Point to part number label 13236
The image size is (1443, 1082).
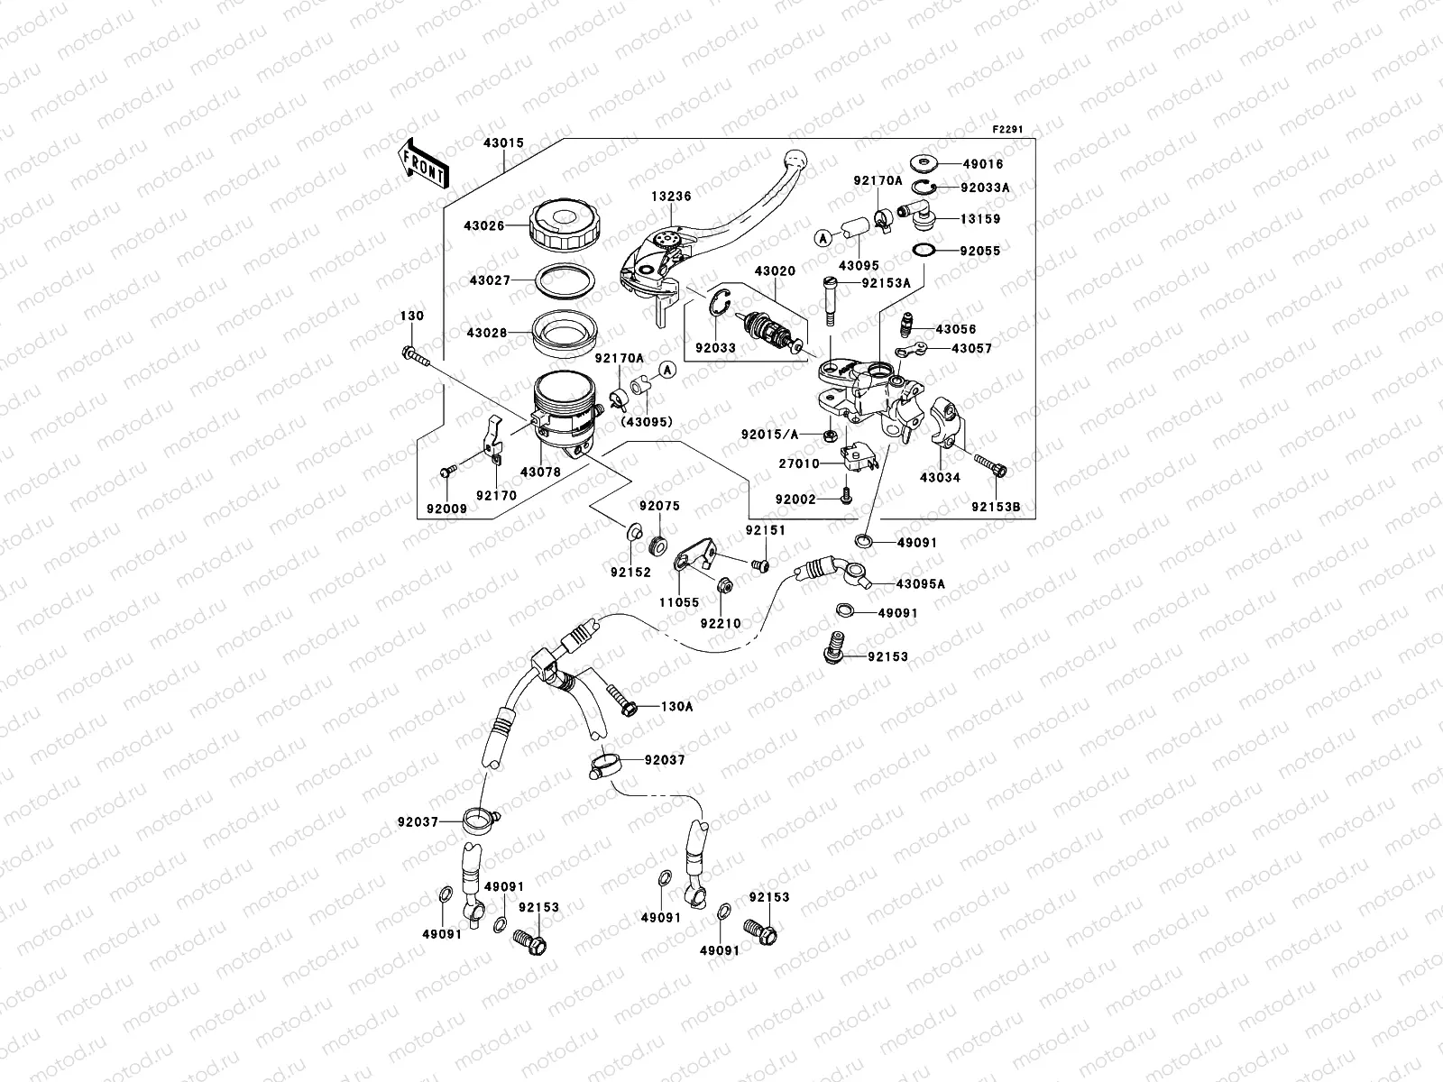(674, 196)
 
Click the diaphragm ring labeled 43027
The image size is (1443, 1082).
(561, 280)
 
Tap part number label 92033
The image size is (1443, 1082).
(715, 347)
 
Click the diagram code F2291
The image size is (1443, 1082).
(1009, 130)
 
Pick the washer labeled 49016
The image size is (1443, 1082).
(924, 163)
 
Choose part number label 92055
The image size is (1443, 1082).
(981, 252)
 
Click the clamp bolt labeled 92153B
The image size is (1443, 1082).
(997, 469)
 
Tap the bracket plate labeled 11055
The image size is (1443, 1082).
(694, 554)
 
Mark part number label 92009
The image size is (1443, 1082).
(447, 509)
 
